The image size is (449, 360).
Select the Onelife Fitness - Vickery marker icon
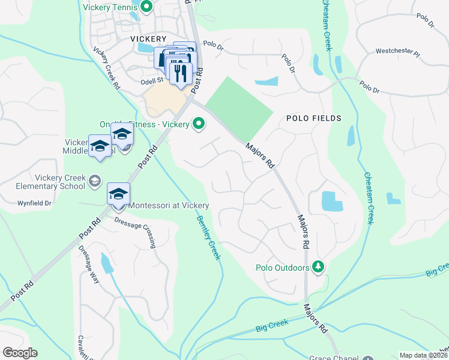coord(198,124)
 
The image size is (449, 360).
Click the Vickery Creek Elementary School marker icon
coord(94,180)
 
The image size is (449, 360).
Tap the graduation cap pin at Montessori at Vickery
coord(118,193)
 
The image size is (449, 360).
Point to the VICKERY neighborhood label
coord(148,38)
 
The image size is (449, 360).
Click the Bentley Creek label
coord(208,238)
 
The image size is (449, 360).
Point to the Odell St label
coord(152,80)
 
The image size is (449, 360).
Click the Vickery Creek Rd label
coord(106,67)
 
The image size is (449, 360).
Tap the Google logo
coord(20,353)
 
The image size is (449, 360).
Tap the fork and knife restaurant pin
coord(179,73)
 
